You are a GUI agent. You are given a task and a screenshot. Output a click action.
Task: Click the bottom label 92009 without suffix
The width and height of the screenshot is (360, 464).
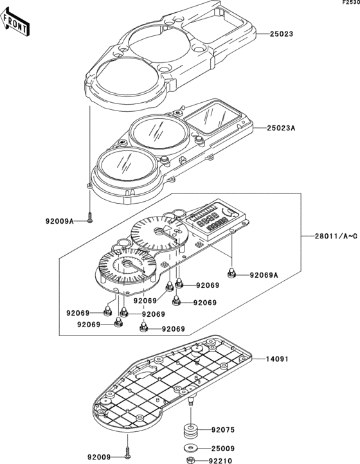click(x=99, y=457)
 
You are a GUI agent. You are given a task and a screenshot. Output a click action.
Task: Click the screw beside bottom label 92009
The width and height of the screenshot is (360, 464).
click(x=128, y=455)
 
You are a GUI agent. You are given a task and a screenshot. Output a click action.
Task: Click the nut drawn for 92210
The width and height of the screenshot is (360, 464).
click(x=191, y=460)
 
